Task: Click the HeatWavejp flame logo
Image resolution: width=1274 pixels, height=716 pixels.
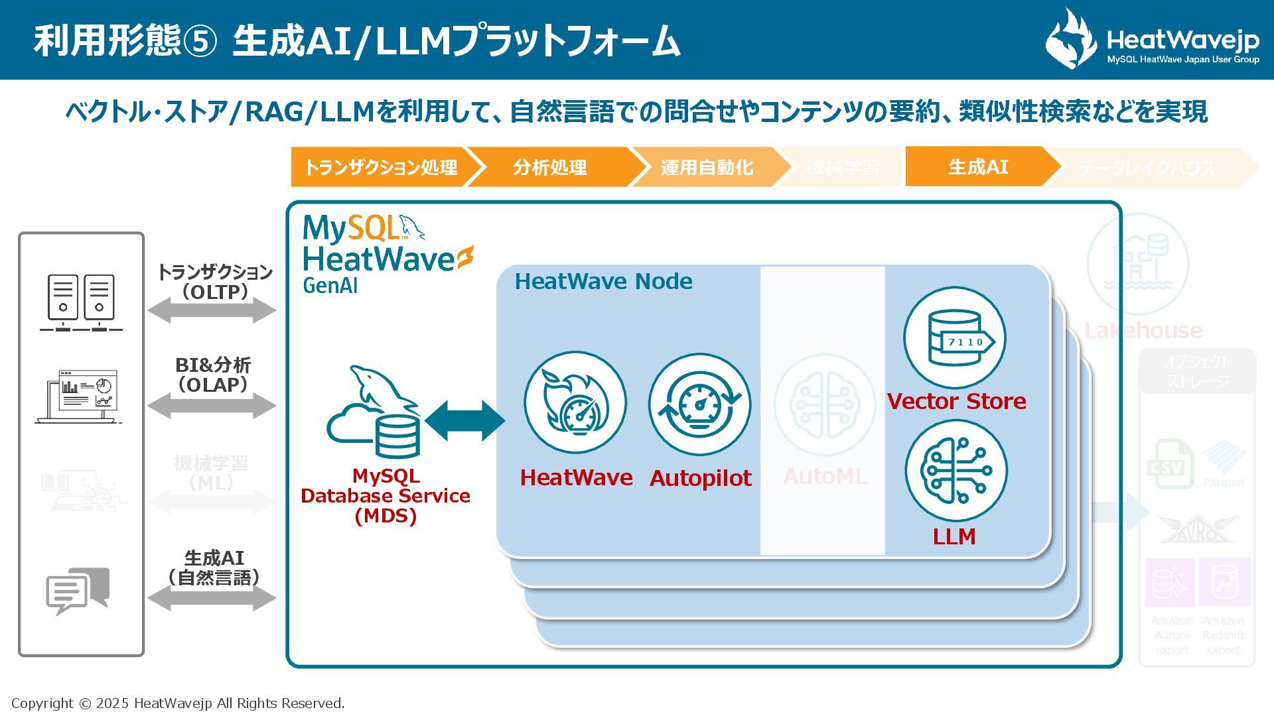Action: [1071, 38]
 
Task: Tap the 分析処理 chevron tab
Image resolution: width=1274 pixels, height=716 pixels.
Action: [549, 167]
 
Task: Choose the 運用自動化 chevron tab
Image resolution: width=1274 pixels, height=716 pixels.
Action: [706, 167]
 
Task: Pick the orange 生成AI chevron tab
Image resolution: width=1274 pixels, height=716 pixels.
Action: [978, 166]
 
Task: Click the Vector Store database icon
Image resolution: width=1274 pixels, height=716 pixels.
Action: [955, 338]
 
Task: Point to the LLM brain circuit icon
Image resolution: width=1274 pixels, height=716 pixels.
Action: [956, 471]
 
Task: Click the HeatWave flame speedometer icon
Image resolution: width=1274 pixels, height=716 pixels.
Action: [575, 403]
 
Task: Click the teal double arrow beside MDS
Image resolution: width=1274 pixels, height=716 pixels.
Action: [464, 420]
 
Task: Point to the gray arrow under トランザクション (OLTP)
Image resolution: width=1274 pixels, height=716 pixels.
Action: [212, 310]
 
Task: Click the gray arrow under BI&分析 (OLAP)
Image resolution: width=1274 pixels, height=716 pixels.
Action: [212, 405]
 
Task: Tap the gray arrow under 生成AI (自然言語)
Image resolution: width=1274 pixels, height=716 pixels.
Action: [212, 598]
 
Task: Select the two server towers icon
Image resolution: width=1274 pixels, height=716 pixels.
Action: [81, 302]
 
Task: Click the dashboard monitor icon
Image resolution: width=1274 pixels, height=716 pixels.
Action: [80, 396]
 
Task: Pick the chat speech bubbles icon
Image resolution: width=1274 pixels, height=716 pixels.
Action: [78, 589]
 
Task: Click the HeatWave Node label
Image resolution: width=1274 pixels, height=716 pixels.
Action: [603, 282]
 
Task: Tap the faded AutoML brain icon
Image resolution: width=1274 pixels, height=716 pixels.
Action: [825, 404]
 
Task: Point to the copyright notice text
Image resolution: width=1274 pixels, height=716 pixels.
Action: [178, 703]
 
